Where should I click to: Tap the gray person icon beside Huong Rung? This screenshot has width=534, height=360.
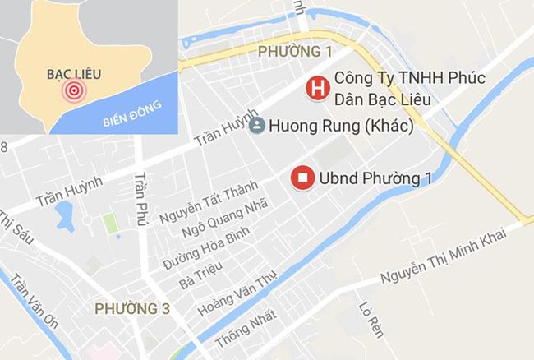[256, 126]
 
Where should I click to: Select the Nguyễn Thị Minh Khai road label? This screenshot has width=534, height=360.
[447, 254]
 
